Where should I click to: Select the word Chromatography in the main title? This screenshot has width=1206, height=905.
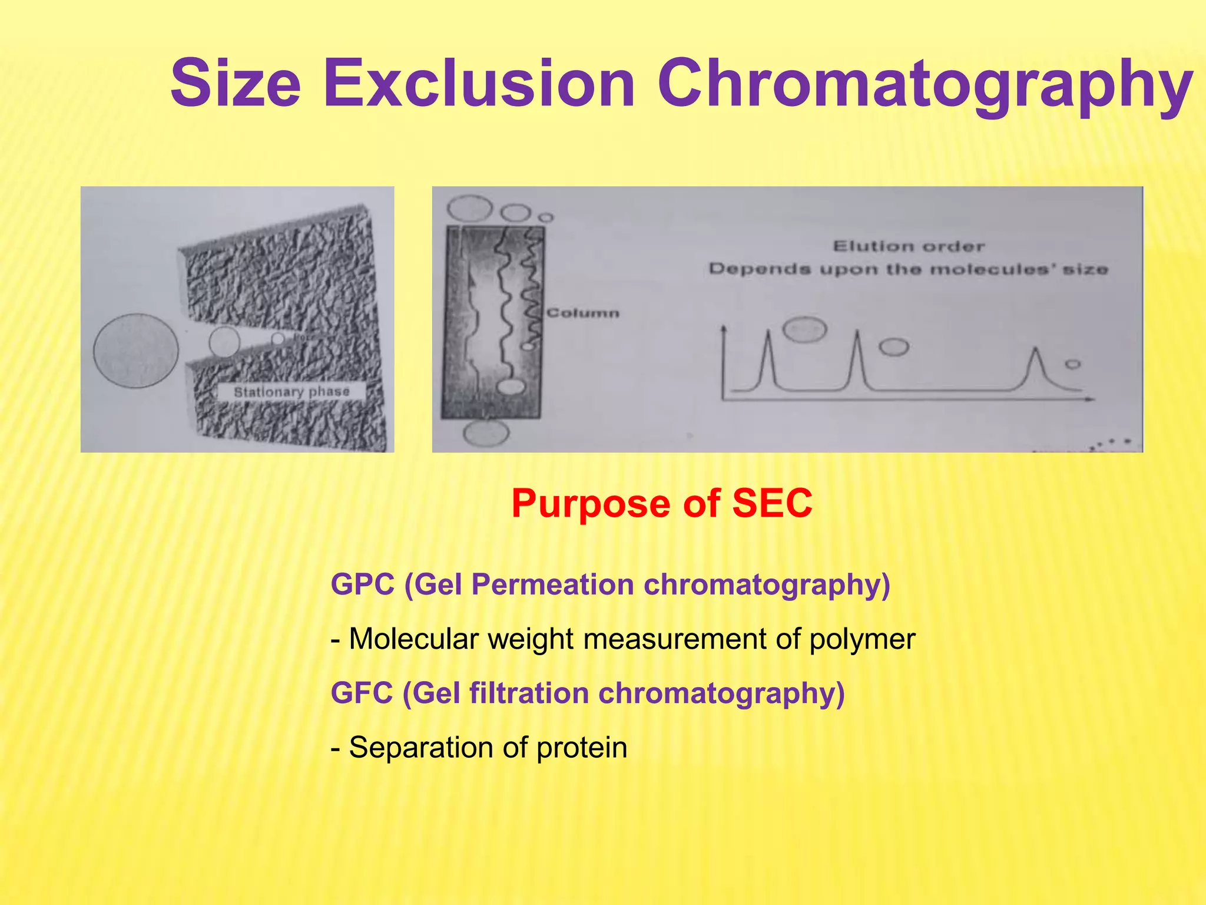point(925,85)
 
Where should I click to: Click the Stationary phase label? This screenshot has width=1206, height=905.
point(291,392)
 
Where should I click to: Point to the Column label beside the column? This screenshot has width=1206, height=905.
point(583,313)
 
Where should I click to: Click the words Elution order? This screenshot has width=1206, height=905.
point(909,246)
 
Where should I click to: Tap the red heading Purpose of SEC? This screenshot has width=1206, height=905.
point(661,503)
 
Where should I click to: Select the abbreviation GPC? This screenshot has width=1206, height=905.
point(362,584)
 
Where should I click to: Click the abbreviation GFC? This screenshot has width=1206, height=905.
point(362,693)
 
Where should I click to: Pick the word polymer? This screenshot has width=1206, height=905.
point(862,639)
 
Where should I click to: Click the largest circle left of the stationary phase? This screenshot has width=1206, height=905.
point(135,351)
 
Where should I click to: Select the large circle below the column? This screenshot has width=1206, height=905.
point(486,434)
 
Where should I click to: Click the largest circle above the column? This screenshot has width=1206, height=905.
point(469,209)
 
